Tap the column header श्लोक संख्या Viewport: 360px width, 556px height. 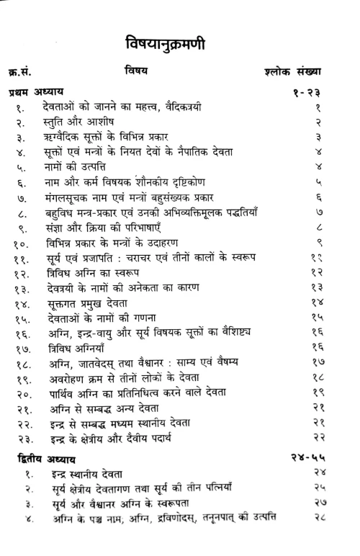click(x=293, y=71)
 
